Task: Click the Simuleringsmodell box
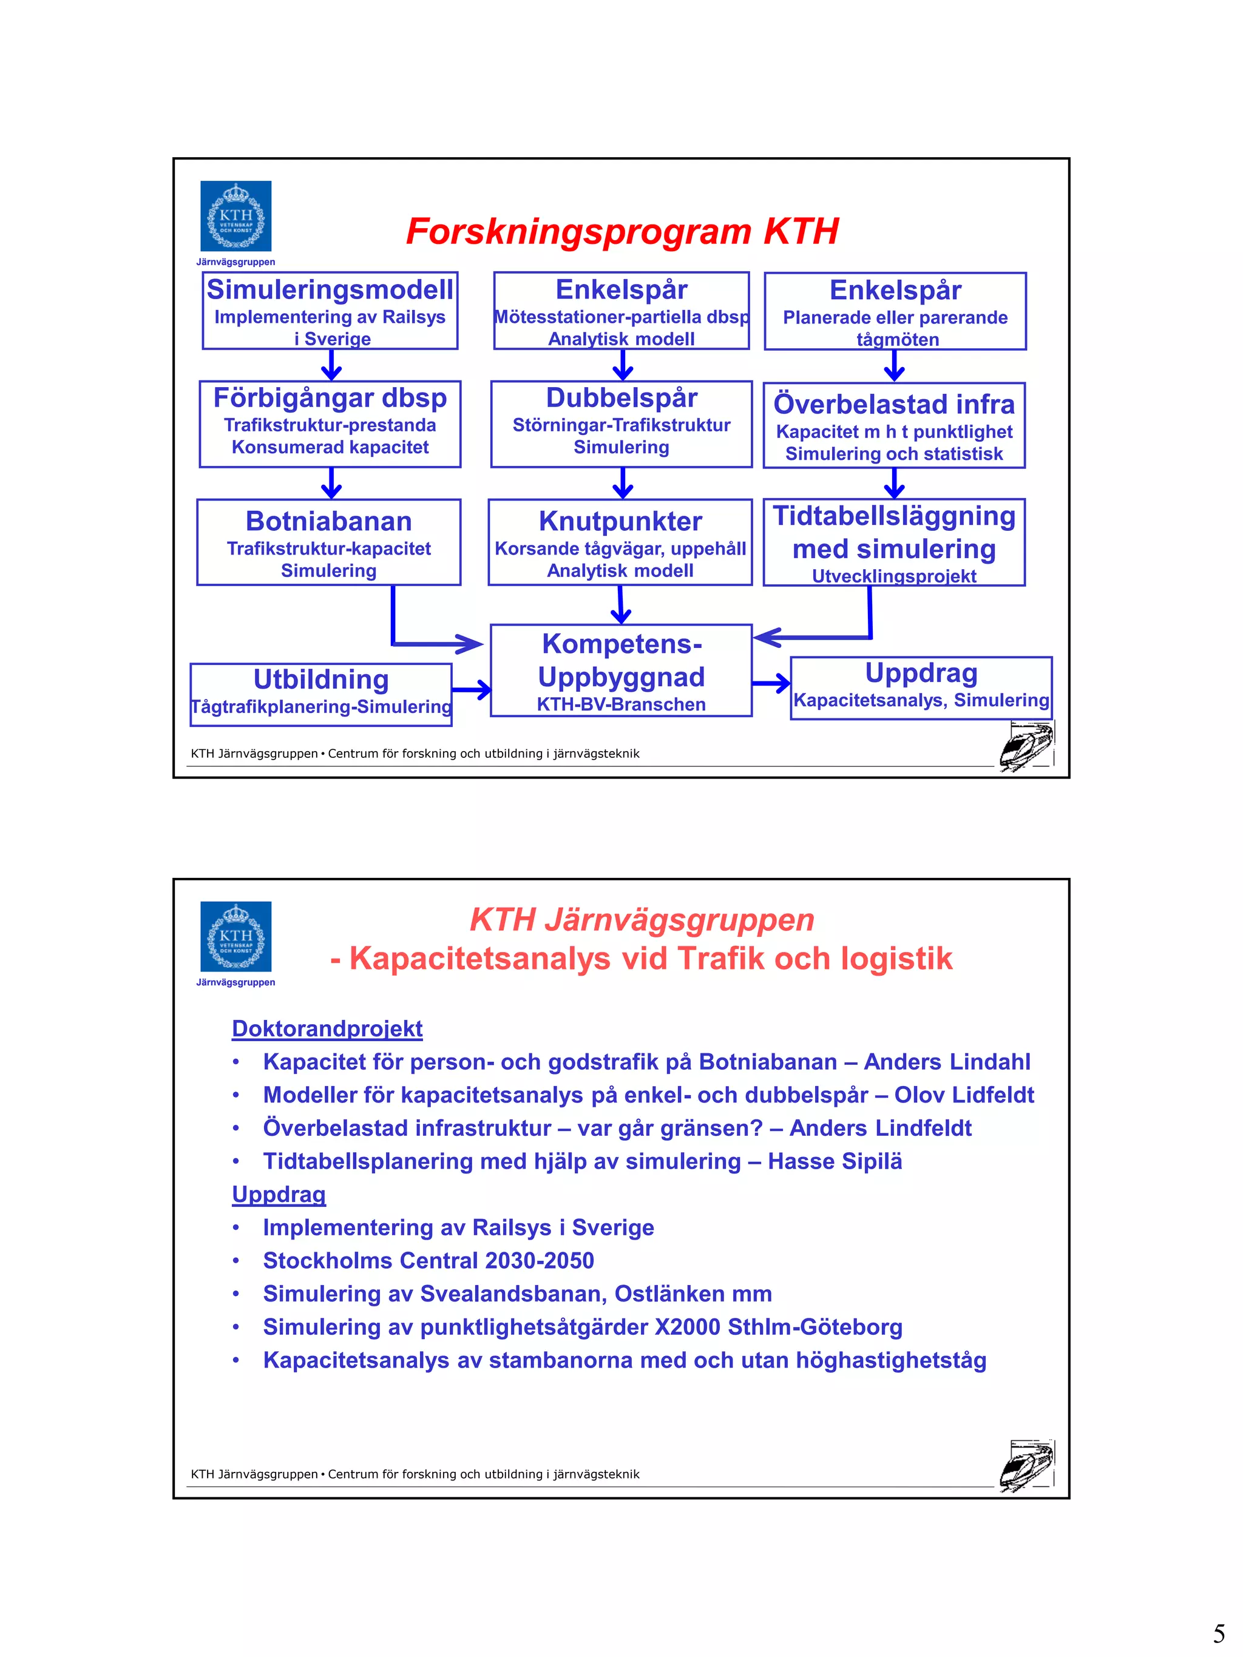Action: (330, 310)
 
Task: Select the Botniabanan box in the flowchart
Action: (328, 542)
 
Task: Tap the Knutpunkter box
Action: (620, 542)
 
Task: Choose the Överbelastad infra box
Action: (894, 425)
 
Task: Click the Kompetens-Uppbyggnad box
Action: (621, 670)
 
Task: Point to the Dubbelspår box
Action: (621, 424)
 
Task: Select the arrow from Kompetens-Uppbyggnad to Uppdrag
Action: (771, 683)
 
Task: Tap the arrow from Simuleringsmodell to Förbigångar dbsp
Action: (331, 365)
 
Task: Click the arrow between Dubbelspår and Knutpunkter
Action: (623, 483)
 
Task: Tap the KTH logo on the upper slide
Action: (235, 217)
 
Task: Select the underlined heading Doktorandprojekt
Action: (327, 1028)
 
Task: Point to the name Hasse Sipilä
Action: (835, 1161)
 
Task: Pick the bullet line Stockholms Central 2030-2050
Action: (428, 1261)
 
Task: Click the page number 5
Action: (1219, 1633)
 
